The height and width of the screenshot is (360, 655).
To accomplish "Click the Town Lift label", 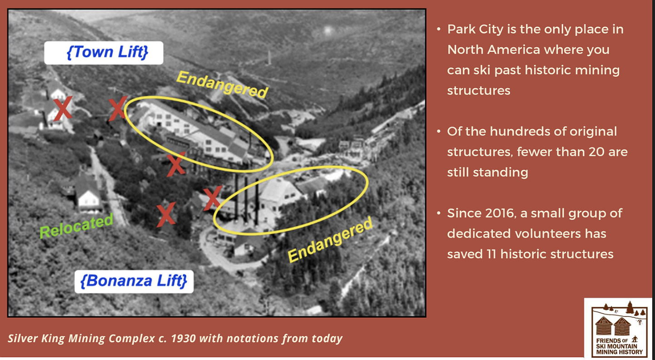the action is [104, 53].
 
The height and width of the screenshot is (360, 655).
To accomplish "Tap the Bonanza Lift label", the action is [134, 281].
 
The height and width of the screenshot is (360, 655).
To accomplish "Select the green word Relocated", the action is [76, 225].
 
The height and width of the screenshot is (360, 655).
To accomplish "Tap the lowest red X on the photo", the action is [166, 215].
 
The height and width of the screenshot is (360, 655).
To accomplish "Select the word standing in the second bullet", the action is [501, 173].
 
